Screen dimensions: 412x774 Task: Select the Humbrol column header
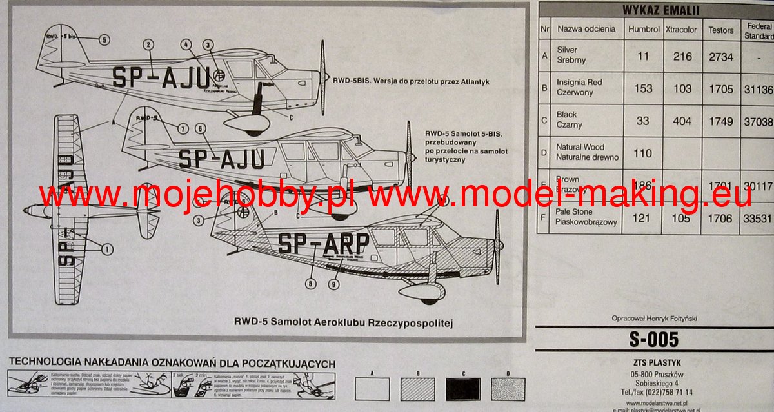click(x=643, y=29)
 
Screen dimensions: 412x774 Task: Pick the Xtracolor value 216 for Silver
click(x=682, y=56)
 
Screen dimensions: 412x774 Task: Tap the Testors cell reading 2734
click(x=720, y=56)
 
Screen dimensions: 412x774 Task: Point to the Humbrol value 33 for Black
click(x=643, y=121)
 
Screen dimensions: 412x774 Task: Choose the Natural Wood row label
click(x=580, y=152)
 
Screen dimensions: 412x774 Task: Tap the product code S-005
click(x=654, y=340)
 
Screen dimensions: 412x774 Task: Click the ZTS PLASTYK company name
click(x=654, y=362)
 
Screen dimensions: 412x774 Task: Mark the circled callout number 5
click(x=104, y=39)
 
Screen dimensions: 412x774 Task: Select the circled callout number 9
click(x=333, y=283)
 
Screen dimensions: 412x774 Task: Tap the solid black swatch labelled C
click(x=462, y=389)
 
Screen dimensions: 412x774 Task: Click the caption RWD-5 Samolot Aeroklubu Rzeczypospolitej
click(x=344, y=322)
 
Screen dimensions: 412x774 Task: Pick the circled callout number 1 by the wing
click(x=106, y=248)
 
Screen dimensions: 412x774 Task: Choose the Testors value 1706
click(x=720, y=219)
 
